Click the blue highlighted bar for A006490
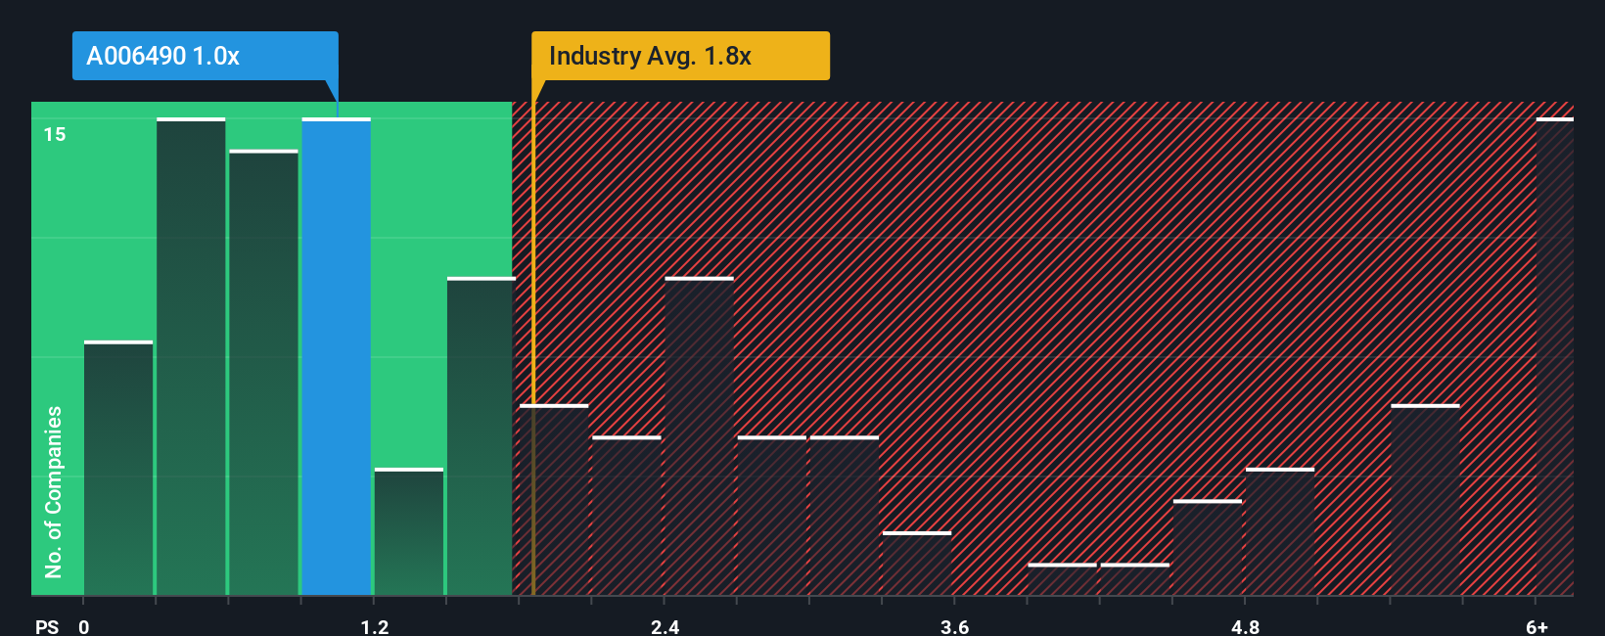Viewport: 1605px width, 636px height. (x=336, y=357)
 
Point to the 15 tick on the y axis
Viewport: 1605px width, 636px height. (x=55, y=134)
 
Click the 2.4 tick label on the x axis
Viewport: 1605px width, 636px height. (x=665, y=626)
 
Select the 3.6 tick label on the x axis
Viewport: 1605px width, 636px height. (x=954, y=626)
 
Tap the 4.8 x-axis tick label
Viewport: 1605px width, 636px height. (x=1245, y=626)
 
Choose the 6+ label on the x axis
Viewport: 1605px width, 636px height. (x=1536, y=626)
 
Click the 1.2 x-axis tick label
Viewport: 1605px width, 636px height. (x=375, y=626)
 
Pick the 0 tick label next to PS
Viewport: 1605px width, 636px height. (x=84, y=626)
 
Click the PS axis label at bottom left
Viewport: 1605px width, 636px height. (x=47, y=626)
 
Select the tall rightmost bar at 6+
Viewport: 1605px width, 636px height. (x=1554, y=357)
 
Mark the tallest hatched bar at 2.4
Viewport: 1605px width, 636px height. (x=699, y=436)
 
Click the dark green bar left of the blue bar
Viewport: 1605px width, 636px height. (x=263, y=373)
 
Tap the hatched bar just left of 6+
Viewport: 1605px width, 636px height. (x=1425, y=500)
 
